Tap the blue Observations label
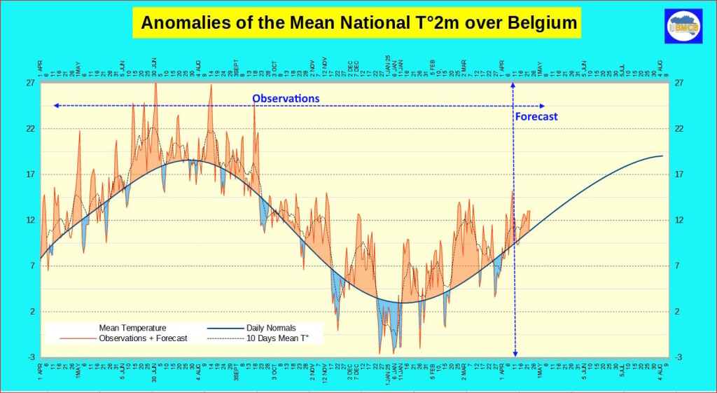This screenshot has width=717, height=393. click(x=286, y=98)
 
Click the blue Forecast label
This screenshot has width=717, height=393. click(x=536, y=116)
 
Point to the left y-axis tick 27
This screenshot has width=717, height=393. click(x=31, y=83)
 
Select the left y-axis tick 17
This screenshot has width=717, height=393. click(x=31, y=174)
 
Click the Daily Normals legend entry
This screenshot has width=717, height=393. click(x=270, y=327)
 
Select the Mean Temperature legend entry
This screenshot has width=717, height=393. click(x=132, y=327)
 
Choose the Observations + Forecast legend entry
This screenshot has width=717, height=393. click(x=143, y=338)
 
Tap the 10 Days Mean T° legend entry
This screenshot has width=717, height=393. click(x=277, y=338)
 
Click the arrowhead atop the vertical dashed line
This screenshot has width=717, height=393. click(x=514, y=85)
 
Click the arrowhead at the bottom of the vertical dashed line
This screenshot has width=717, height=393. click(x=515, y=354)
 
